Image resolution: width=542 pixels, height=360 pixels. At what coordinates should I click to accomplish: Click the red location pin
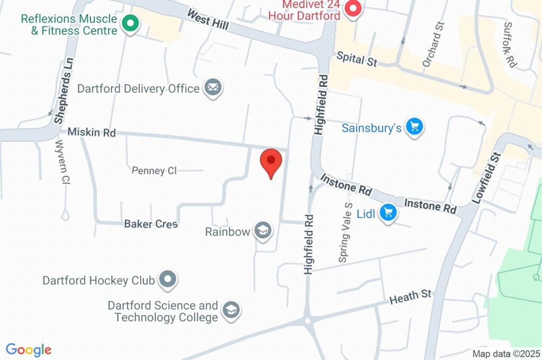[272, 161]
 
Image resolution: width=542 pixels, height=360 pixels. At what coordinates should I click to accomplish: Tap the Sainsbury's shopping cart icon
[414, 127]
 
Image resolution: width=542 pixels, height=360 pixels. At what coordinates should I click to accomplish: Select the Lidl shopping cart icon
[389, 213]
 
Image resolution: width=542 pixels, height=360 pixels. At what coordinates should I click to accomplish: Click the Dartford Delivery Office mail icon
[213, 88]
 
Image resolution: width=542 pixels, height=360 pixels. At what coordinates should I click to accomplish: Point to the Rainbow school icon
[263, 231]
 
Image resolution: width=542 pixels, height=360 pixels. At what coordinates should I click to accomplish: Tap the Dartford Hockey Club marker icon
[168, 279]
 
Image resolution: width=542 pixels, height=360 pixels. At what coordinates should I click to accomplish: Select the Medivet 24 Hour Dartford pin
[352, 9]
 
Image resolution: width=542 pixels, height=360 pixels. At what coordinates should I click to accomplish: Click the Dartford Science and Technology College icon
[231, 311]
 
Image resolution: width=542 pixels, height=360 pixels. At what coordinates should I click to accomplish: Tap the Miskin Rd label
[91, 132]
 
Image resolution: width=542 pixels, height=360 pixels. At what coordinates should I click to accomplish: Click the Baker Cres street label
[151, 224]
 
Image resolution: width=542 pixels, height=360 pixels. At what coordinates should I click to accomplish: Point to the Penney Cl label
[154, 170]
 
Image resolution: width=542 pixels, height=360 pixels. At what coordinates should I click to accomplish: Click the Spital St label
[357, 59]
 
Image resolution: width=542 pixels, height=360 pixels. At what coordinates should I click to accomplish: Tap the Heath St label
[411, 297]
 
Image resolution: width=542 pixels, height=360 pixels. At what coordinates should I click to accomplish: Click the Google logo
[29, 349]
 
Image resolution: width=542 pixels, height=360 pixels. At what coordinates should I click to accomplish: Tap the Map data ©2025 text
[506, 354]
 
